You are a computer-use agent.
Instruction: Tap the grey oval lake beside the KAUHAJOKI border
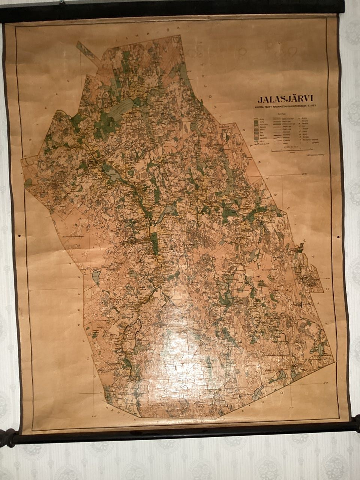[96, 277]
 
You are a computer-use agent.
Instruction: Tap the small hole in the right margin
[339, 237]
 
